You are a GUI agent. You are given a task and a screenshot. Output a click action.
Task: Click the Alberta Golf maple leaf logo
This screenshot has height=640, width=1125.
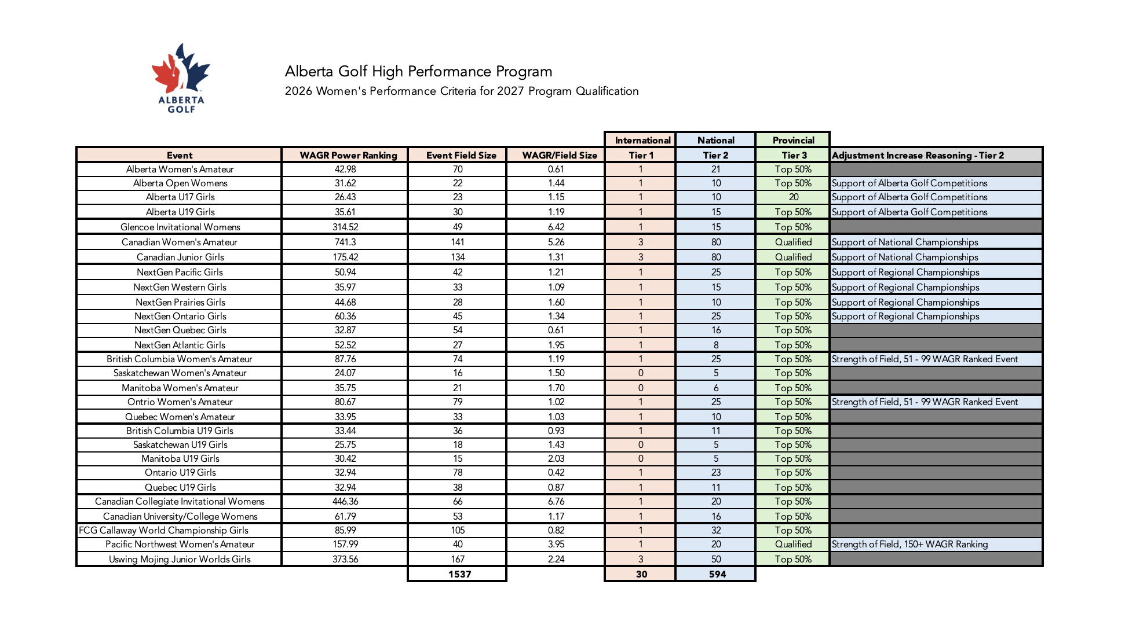tap(181, 69)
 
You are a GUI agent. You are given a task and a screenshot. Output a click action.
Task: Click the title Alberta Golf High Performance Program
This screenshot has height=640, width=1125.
tap(418, 72)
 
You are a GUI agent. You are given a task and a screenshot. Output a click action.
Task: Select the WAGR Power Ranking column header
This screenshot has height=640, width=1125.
tap(348, 155)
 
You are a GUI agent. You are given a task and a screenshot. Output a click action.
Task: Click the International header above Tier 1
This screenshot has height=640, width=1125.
tap(642, 140)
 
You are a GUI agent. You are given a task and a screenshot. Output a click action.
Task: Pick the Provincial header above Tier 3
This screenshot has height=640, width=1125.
tap(793, 140)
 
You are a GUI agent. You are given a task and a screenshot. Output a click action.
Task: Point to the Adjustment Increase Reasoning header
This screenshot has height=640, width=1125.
tap(918, 155)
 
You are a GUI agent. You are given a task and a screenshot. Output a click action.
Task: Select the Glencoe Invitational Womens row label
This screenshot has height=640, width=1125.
tap(180, 227)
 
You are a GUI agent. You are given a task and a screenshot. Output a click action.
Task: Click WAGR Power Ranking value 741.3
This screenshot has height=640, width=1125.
tap(345, 242)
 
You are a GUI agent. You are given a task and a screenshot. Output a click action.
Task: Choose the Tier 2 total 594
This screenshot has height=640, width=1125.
tap(717, 574)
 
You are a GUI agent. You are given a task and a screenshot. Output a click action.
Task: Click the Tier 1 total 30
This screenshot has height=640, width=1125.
tap(641, 574)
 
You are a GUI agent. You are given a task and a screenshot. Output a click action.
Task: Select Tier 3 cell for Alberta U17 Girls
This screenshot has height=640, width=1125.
tap(793, 197)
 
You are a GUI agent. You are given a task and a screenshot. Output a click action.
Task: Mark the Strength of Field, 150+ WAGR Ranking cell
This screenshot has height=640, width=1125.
tap(910, 544)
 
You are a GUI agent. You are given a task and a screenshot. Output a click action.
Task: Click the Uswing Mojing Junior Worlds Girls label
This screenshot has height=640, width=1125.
tap(180, 559)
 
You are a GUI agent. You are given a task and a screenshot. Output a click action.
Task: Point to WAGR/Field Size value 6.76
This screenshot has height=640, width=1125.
tap(556, 501)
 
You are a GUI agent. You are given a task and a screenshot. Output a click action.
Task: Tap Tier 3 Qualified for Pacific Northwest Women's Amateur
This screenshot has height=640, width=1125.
tap(793, 544)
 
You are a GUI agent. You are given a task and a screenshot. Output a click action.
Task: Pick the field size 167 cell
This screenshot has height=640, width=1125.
tap(458, 559)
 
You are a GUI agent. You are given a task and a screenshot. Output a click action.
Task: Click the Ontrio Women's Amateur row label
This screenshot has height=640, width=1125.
tap(180, 402)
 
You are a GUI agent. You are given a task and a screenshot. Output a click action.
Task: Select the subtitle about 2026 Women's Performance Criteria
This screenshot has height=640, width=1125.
tap(461, 91)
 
